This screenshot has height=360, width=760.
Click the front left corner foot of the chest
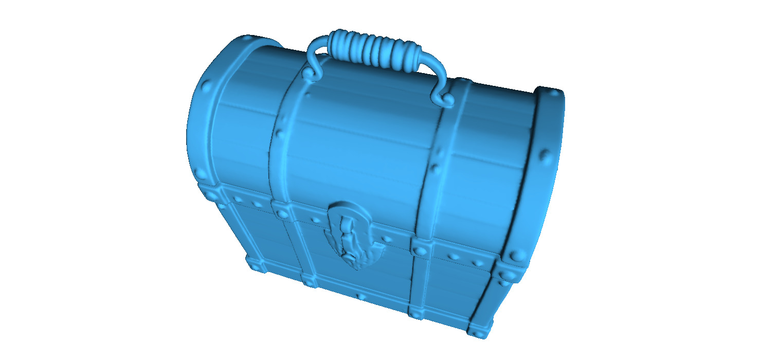click(256, 265)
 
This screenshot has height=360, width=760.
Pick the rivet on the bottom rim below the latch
click(361, 297)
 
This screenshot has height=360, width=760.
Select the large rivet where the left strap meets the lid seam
click(281, 212)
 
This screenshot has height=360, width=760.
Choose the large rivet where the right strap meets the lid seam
click(421, 250)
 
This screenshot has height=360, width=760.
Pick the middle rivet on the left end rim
click(207, 86)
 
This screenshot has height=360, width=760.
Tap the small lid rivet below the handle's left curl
click(307, 95)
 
